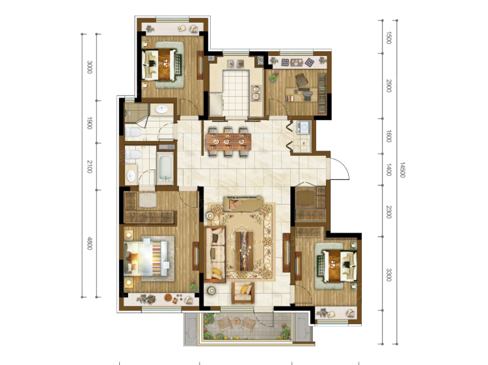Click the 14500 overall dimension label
(402, 170)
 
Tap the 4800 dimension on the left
(90, 244)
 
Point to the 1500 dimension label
(388, 38)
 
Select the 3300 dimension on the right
(388, 275)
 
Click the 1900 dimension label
(90, 123)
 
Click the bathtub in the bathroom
(165, 168)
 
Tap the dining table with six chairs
(228, 142)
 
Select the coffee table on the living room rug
(244, 251)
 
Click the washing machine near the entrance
(303, 127)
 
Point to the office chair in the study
(301, 80)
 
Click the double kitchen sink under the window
(236, 64)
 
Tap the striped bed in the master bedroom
(146, 257)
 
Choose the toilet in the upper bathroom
(133, 132)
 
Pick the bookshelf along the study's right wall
(322, 93)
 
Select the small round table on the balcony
(236, 322)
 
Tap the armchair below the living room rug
(243, 294)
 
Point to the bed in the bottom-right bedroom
(337, 266)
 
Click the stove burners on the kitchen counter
(256, 93)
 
